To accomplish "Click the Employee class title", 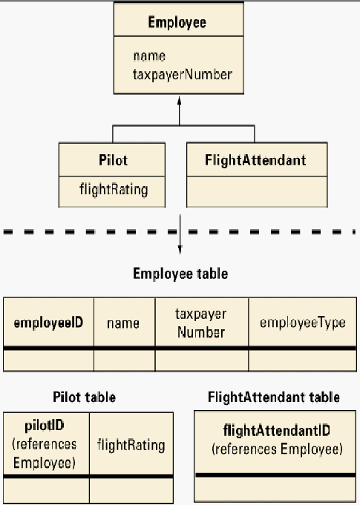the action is click(x=177, y=22).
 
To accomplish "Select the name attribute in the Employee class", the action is click(x=149, y=56).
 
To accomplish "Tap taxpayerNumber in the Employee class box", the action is click(x=183, y=75).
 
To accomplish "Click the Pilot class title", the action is click(x=113, y=160).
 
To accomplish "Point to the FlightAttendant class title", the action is click(x=255, y=160).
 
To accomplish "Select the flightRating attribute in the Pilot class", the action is click(x=114, y=189).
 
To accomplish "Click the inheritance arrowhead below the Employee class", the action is click(x=179, y=100).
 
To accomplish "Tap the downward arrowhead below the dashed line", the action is click(x=180, y=250).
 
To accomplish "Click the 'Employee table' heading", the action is click(x=180, y=274).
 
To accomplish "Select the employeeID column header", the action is click(x=48, y=323).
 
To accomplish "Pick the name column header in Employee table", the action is click(x=123, y=323).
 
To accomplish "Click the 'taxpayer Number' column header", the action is click(x=201, y=323).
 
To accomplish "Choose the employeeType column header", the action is click(x=303, y=323).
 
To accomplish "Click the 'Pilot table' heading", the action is click(x=84, y=397).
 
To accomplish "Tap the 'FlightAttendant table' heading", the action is click(x=274, y=397).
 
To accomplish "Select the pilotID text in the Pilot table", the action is click(x=45, y=426).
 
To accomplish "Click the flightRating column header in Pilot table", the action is click(x=131, y=445).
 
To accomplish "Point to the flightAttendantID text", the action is click(x=277, y=430).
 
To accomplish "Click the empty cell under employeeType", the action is click(x=302, y=360).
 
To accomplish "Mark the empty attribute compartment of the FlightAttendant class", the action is click(x=257, y=191).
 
